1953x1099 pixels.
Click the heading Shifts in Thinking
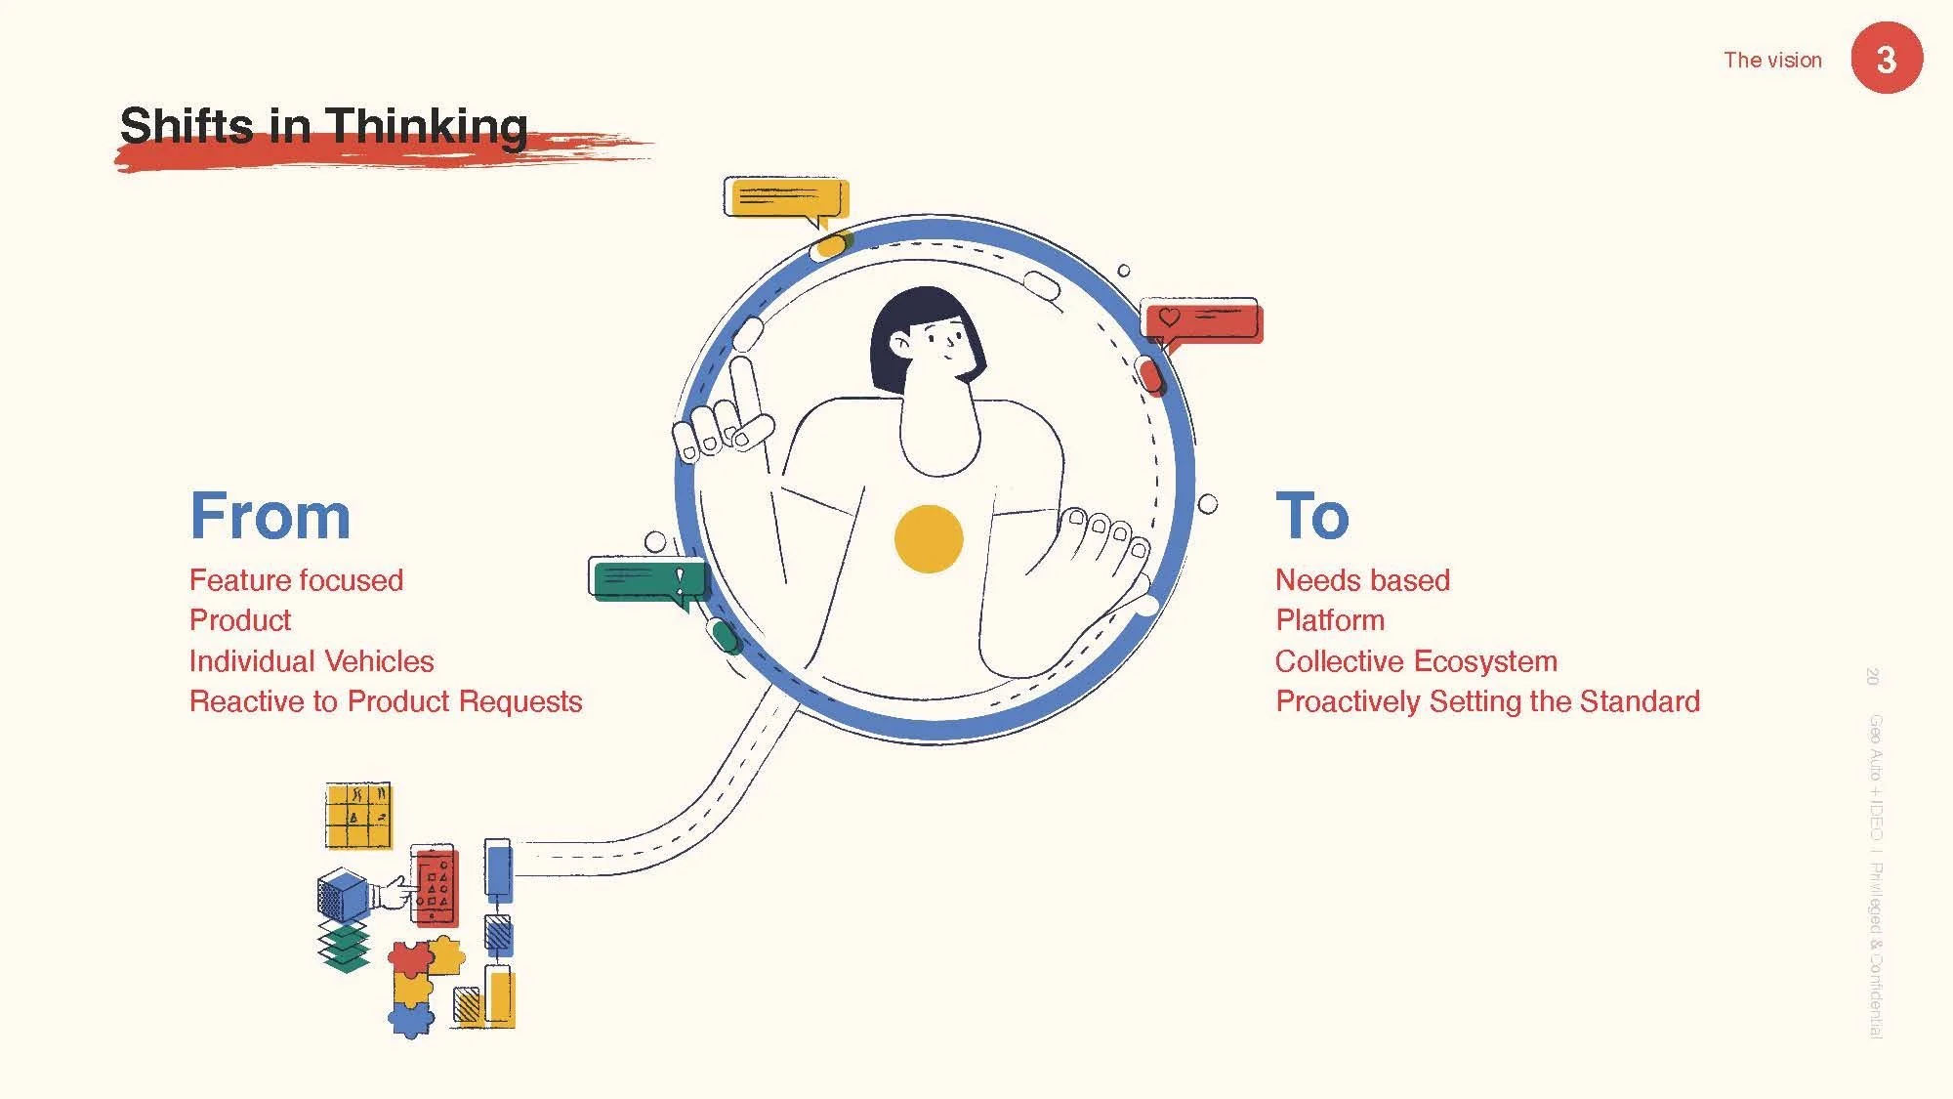(x=323, y=127)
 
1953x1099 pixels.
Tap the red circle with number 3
(x=1887, y=59)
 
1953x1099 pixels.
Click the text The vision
(x=1772, y=60)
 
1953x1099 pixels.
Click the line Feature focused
(x=296, y=580)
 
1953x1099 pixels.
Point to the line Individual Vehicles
(x=312, y=661)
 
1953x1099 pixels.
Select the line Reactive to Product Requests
(x=386, y=701)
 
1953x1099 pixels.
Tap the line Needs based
(x=1362, y=580)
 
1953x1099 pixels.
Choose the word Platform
(x=1330, y=620)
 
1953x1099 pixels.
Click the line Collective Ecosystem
(x=1416, y=661)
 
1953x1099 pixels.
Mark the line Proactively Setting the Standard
(x=1487, y=701)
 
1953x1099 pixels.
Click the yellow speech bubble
(x=786, y=198)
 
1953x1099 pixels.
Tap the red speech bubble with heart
(x=1202, y=321)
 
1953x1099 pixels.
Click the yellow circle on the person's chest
(x=929, y=538)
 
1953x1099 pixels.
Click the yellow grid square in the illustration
(x=358, y=816)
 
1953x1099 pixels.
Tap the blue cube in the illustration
(x=342, y=895)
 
